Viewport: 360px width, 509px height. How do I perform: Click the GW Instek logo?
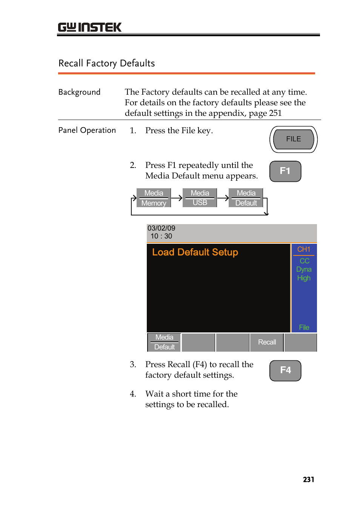pos(89,27)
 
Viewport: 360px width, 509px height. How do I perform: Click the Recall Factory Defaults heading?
pos(106,63)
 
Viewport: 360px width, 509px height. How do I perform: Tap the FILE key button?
pos(293,139)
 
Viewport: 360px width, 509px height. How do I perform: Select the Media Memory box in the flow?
pos(154,198)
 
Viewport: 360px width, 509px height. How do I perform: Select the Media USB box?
pos(200,198)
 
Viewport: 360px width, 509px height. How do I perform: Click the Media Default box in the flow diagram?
pos(246,198)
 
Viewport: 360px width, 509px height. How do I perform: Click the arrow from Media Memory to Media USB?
pos(177,198)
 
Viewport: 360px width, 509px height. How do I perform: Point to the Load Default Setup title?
pos(195,252)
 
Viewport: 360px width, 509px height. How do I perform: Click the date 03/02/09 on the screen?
pos(161,228)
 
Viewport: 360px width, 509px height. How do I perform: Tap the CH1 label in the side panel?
pos(303,249)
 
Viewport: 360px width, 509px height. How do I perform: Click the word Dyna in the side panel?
pos(303,269)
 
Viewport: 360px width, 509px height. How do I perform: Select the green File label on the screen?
pos(304,327)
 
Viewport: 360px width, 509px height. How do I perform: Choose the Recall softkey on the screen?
pos(267,342)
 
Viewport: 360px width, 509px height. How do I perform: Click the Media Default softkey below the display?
pos(164,342)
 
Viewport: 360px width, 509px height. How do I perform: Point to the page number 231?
pos(308,479)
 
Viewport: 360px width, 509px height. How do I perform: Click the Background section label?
pos(79,92)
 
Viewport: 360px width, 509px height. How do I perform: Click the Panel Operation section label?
pos(87,131)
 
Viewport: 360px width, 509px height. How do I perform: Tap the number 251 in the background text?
pos(275,113)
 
